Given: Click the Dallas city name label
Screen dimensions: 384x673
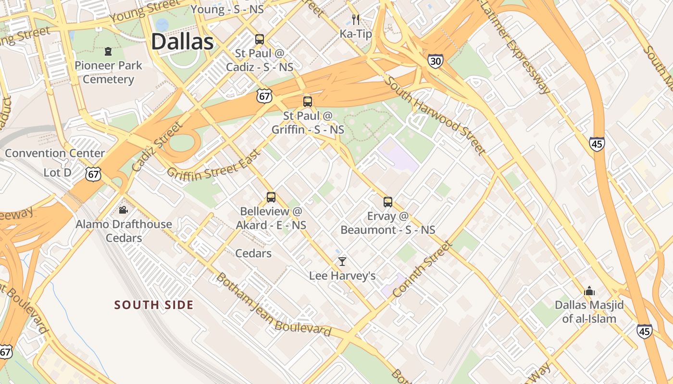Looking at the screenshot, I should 182,42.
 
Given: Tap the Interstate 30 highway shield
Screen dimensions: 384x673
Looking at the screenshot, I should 435,61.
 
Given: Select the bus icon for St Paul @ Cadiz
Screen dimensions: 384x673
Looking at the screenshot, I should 260,39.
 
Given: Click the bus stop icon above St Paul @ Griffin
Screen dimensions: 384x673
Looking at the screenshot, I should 308,102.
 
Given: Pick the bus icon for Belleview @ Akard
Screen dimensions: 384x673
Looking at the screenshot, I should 271,197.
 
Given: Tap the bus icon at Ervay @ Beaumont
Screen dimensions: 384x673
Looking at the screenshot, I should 388,202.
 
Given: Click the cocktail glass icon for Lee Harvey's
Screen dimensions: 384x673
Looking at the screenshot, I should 342,262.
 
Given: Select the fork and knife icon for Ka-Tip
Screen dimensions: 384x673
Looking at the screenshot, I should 356,20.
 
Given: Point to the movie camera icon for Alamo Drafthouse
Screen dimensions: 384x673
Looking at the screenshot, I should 124,210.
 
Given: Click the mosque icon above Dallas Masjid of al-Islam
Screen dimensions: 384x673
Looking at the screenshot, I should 589,291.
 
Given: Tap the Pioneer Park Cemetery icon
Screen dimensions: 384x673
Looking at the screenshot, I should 108,51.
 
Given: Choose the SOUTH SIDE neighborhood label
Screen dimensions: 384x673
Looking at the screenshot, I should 154,305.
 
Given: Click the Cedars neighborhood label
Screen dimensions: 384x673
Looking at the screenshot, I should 253,253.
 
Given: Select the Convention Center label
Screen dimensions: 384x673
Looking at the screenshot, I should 55,153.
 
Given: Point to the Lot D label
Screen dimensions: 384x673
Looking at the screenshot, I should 57,172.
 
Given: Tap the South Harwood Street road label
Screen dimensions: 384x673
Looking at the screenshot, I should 435,116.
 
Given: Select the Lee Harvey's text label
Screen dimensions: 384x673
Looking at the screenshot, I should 342,276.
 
